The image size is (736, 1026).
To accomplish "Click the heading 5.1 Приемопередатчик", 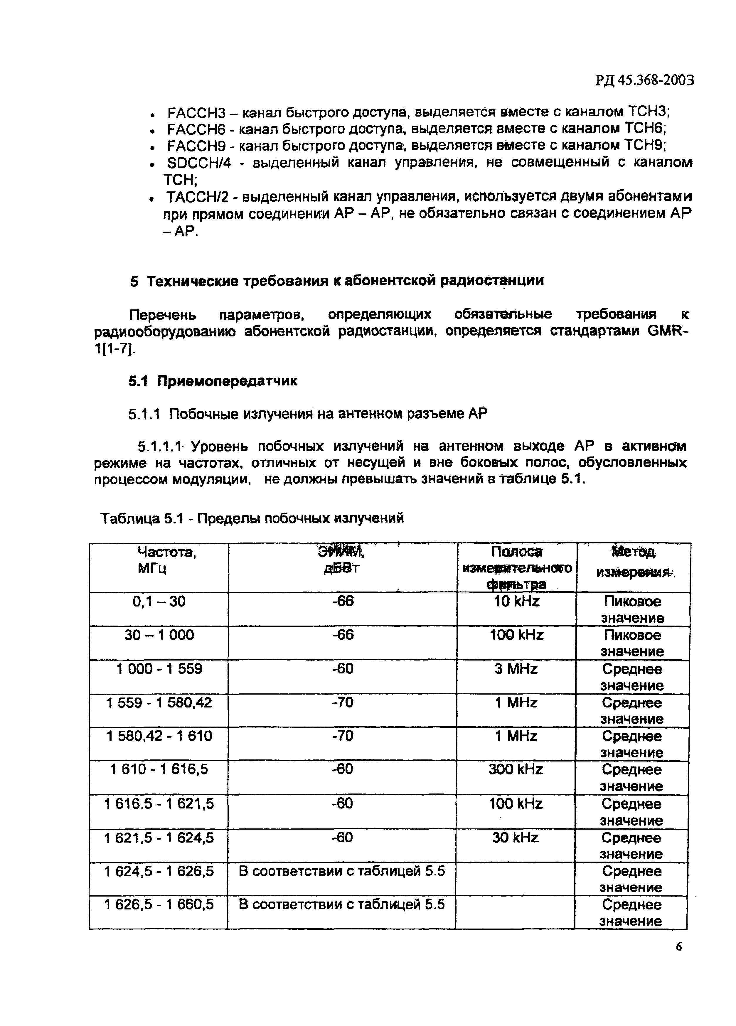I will pyautogui.click(x=213, y=381).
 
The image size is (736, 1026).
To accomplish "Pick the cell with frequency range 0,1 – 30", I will pyautogui.click(x=159, y=602).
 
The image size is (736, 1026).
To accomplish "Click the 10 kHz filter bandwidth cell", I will pyautogui.click(x=516, y=602).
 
